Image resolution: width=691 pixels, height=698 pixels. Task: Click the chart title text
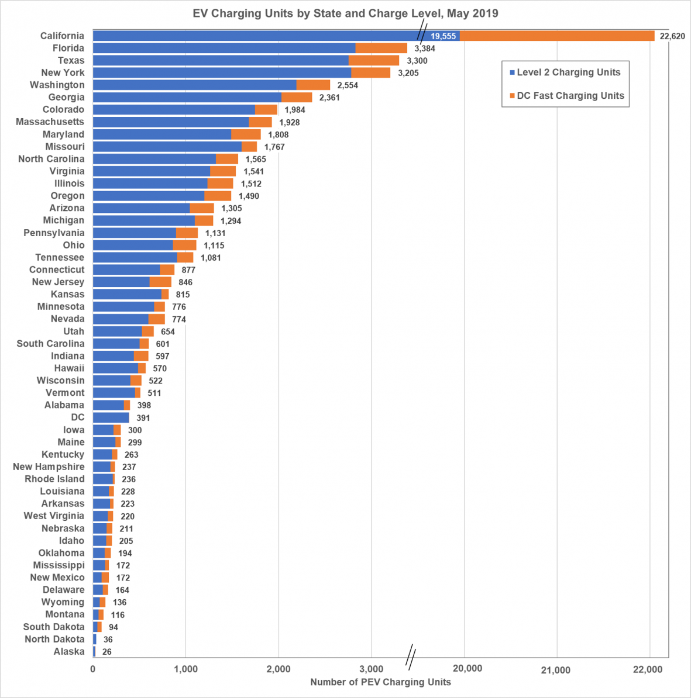345,13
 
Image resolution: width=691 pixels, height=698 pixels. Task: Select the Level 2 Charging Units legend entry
568,72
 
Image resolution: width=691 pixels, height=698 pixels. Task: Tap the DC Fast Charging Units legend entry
570,96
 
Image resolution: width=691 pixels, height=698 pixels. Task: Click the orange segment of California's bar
556,36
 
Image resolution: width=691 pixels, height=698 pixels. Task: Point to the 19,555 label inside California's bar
443,36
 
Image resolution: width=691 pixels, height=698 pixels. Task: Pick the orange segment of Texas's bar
373,60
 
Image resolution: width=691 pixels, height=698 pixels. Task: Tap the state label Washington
57,85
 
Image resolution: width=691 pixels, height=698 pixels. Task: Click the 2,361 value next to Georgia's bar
329,98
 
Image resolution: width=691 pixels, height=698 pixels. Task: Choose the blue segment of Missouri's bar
167,146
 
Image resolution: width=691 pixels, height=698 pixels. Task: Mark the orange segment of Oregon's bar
218,196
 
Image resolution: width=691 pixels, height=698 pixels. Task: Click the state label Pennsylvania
54,233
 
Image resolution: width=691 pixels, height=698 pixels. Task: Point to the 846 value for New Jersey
185,282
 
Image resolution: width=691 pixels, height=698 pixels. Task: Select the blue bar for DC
111,417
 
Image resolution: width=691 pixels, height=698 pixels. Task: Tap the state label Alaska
69,651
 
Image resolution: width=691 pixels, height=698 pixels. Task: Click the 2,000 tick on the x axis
279,669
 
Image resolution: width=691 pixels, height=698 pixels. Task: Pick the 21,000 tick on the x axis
555,670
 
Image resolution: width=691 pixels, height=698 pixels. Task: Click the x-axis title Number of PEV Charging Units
380,682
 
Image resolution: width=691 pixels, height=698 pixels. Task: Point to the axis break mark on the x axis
411,656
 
